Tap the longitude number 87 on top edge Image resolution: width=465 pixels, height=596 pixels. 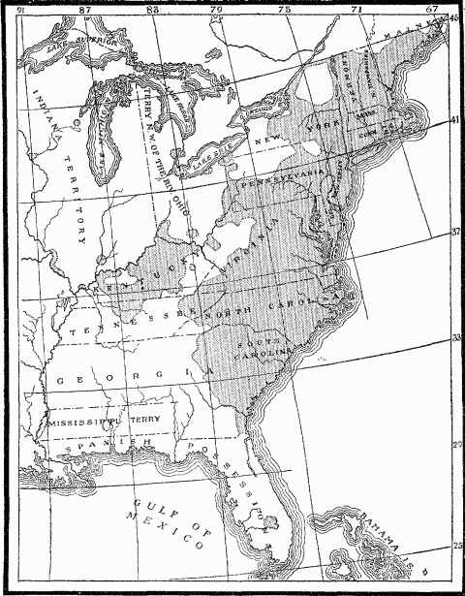coord(85,10)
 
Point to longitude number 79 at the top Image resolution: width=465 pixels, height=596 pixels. coord(216,10)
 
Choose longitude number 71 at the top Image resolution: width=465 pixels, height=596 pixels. coord(357,10)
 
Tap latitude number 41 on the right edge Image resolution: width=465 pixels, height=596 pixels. coord(455,121)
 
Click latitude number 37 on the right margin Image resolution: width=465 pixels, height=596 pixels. coord(455,234)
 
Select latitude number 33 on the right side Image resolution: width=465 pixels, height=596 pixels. coord(455,338)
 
